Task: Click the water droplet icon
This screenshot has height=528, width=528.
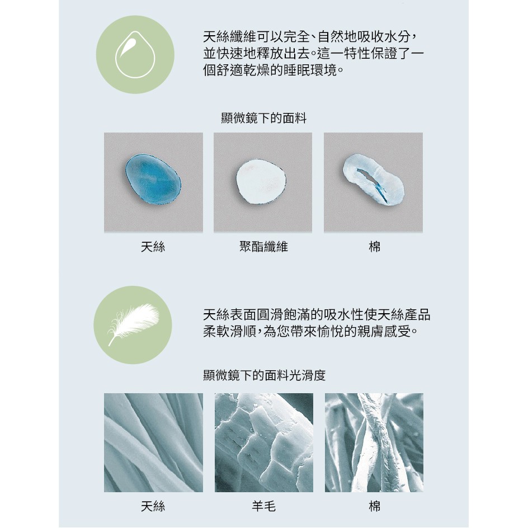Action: click(x=135, y=55)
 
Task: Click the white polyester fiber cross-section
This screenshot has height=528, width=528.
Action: click(x=261, y=182)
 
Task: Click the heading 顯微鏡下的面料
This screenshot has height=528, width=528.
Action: click(x=263, y=118)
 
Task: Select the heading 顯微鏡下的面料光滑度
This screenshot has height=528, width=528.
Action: click(x=265, y=375)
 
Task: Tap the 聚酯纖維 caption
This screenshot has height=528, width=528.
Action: click(x=263, y=247)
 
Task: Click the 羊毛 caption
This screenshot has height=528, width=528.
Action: click(x=263, y=506)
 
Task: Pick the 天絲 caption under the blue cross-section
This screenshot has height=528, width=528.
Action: click(x=153, y=247)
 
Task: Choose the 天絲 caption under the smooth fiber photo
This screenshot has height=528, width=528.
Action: click(x=153, y=506)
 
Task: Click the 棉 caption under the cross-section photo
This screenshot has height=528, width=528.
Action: click(x=374, y=247)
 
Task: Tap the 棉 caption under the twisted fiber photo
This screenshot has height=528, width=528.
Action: click(x=374, y=506)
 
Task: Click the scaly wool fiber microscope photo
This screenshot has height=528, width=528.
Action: click(x=264, y=442)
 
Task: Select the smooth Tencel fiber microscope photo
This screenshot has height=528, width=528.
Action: click(x=154, y=442)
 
